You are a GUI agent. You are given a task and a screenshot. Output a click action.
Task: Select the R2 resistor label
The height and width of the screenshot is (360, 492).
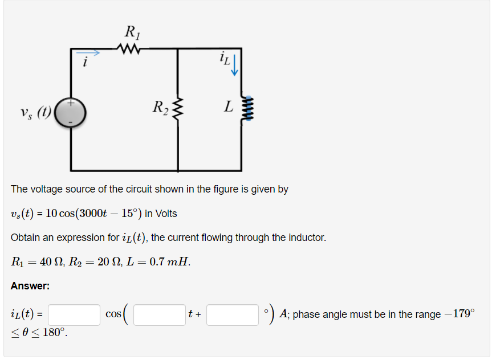pos(160,107)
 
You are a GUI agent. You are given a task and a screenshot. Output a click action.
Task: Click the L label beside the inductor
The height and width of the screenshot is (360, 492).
pos(229,107)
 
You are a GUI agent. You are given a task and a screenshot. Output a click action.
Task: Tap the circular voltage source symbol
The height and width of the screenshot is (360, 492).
pos(71,112)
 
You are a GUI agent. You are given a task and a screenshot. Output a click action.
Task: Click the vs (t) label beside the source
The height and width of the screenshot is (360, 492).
pos(35,111)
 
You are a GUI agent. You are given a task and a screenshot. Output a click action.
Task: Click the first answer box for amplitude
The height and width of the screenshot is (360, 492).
pos(75,314)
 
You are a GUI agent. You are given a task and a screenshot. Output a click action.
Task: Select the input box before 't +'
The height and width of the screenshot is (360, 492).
pos(159,314)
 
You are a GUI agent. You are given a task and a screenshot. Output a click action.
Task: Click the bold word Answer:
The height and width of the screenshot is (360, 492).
pos(30,287)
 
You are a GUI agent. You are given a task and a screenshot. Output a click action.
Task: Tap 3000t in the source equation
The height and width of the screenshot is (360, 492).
pos(88,214)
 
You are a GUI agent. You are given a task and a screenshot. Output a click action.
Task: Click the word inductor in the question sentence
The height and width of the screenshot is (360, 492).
pos(308,238)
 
